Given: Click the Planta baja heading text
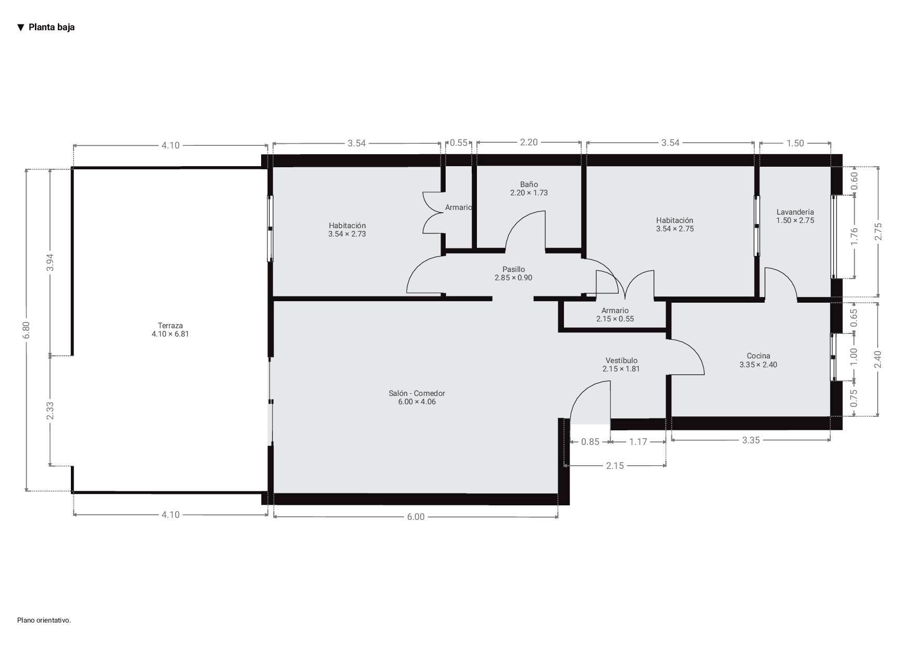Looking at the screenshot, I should pos(51,27).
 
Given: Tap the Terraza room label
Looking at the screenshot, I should pos(170,330).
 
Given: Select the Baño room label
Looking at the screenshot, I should pos(529,188).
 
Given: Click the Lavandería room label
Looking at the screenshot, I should pos(795,216).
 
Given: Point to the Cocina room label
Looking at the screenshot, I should pos(758,360).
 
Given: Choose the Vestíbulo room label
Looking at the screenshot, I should pos(621,364).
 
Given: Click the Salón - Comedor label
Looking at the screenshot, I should pos(416,397).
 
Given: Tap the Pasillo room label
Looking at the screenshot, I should pos(513,274).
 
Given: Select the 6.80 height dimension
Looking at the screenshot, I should pos(27,330).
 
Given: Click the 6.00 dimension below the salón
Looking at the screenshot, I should pos(415,517).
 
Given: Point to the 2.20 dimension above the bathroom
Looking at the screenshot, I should pos(529,142).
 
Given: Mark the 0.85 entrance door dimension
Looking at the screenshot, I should pos(590,442).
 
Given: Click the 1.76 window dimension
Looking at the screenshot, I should pos(854,237).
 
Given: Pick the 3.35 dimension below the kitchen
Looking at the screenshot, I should pos(751,440).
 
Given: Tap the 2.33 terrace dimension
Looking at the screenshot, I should pos(50,411).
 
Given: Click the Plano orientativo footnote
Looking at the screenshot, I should pos(44,620).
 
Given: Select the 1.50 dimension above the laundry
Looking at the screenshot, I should pos(795,143).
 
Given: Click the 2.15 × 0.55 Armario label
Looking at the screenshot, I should pos(615,315).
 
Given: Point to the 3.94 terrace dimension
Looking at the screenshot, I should pos(50,263).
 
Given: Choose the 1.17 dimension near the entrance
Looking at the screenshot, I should pos(638,442).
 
